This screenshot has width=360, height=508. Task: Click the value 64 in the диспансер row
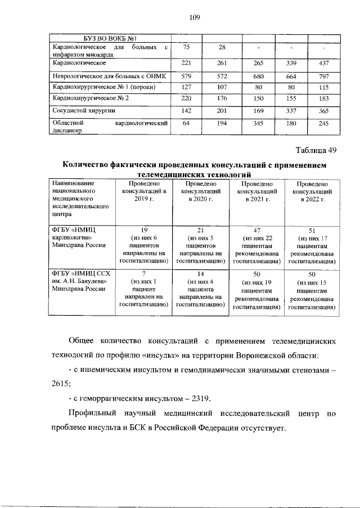[x=186, y=123]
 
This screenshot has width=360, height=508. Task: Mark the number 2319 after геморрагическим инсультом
[x=199, y=399]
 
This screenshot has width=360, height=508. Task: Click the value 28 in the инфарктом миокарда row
[x=222, y=48]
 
